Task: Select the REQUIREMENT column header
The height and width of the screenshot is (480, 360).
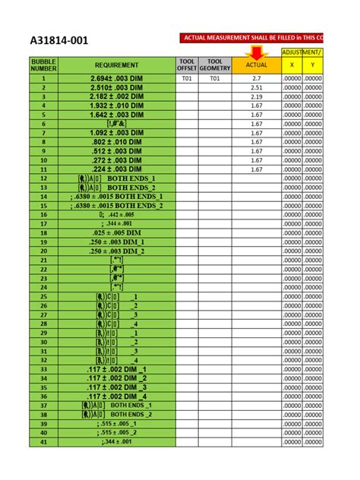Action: [x=116, y=65]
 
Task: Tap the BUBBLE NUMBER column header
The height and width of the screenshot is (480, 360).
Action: [x=44, y=65]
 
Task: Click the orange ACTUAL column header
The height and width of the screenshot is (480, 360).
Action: [x=256, y=66]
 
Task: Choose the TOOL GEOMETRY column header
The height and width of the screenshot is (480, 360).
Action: [x=215, y=65]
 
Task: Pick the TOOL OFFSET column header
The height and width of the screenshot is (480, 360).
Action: [x=187, y=65]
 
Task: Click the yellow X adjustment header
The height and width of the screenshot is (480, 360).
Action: [x=292, y=66]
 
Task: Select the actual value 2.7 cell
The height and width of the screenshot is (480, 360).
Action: [x=256, y=78]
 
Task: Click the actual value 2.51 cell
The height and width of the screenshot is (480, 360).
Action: [x=256, y=87]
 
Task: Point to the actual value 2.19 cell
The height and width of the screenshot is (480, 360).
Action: [x=256, y=96]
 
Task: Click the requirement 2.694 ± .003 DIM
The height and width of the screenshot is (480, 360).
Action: [x=116, y=78]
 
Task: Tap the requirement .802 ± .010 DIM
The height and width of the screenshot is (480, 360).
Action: [x=116, y=142]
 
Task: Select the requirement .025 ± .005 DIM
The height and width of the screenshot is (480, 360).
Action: [x=116, y=232]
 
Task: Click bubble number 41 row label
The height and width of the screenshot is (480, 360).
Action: [x=44, y=441]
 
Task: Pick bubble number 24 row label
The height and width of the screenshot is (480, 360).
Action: [x=44, y=287]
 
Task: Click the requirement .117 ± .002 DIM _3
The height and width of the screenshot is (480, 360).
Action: [x=116, y=387]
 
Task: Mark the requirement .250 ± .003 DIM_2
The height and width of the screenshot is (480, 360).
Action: [x=116, y=251]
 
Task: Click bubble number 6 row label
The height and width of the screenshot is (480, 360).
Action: [x=44, y=124]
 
